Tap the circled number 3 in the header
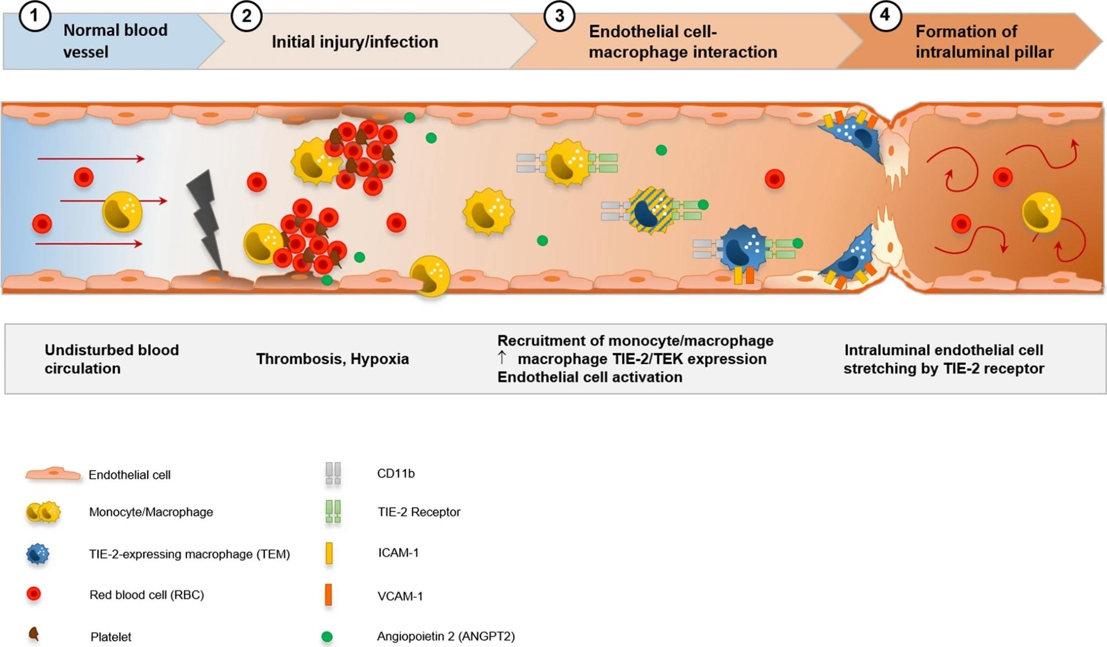tap(559, 15)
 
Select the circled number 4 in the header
tap(884, 15)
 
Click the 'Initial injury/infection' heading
tap(355, 42)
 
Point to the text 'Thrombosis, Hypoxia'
tap(332, 359)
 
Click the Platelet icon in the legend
tap(34, 634)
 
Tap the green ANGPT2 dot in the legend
tap(327, 636)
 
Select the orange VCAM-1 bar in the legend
tap(328, 595)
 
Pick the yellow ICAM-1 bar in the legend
tap(329, 553)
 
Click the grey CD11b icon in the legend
tap(333, 474)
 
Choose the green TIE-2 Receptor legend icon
tap(333, 512)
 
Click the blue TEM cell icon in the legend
tap(38, 554)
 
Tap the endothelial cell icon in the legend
tap(53, 474)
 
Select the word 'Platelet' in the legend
tap(111, 637)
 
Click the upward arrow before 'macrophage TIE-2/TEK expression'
tap(501, 358)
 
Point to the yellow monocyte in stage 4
tap(1041, 212)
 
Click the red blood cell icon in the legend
tap(34, 594)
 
